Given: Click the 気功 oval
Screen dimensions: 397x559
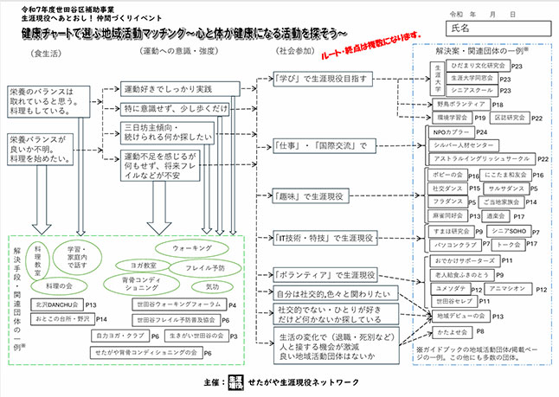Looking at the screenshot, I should (212, 285).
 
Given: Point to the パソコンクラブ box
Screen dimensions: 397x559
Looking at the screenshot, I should (451, 246).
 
